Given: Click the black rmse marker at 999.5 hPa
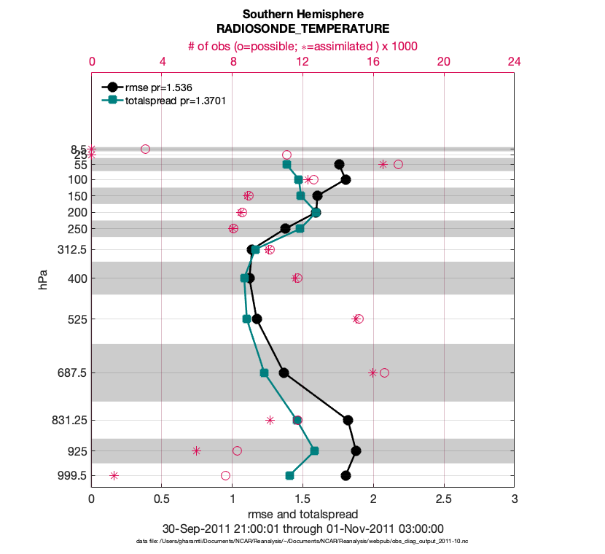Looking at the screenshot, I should tap(346, 476).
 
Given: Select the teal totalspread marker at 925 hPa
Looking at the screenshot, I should tap(315, 451).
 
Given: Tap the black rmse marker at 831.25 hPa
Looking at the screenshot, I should tap(348, 420).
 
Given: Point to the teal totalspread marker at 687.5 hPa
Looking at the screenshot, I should tap(264, 373).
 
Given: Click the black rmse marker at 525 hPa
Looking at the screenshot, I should tap(257, 319).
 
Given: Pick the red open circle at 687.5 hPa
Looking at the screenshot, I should tap(384, 373).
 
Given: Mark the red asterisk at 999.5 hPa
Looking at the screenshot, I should tap(114, 476).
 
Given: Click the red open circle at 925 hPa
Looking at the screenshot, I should tap(237, 451).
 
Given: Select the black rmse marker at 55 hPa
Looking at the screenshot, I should tap(339, 165).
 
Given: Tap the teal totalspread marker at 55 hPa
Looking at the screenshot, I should tap(287, 165).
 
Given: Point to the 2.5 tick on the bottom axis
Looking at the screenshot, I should tap(444, 502).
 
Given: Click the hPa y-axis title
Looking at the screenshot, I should tap(44, 279).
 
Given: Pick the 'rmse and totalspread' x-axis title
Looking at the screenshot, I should tap(302, 515).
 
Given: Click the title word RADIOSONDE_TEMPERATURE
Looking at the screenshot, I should tap(302, 28).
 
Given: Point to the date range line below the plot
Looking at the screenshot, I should tap(302, 528).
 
